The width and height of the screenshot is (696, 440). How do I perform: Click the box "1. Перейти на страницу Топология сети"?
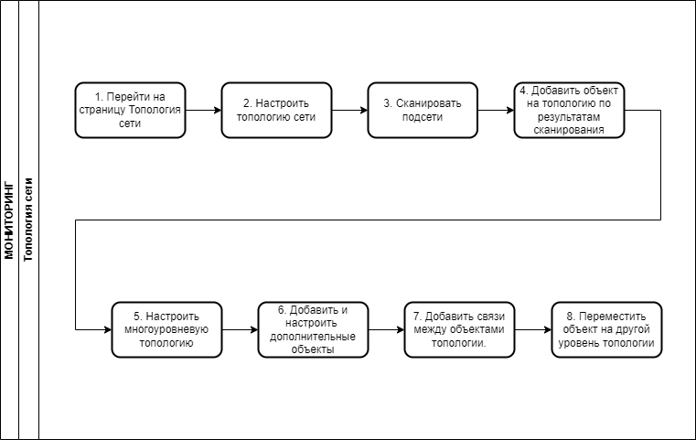[x=130, y=110]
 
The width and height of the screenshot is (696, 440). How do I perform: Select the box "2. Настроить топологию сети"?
[x=276, y=110]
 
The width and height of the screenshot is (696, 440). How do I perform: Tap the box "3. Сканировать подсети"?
[x=423, y=110]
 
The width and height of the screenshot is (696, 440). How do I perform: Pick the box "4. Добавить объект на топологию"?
[x=569, y=110]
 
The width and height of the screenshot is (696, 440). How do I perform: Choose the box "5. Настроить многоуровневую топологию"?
[x=166, y=330]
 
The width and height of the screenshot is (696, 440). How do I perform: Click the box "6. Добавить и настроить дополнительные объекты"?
[x=313, y=330]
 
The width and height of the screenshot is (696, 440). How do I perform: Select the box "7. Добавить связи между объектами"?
[x=459, y=330]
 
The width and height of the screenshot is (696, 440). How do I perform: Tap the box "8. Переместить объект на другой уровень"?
[x=606, y=330]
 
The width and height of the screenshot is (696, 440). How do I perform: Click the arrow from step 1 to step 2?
[x=203, y=110]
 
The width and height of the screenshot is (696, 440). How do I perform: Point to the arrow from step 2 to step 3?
[x=349, y=110]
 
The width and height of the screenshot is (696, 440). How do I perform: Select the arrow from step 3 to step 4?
[x=496, y=110]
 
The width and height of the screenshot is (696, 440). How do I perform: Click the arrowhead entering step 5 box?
[x=108, y=330]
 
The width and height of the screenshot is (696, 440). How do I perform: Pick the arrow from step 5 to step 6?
[x=240, y=330]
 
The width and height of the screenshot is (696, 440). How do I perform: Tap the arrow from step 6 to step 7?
[x=386, y=330]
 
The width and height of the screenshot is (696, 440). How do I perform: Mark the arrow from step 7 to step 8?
[x=533, y=330]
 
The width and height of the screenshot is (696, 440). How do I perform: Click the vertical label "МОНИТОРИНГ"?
[x=9, y=220]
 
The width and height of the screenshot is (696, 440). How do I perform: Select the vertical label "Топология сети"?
[x=28, y=220]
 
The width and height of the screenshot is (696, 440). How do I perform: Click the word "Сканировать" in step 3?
[x=428, y=103]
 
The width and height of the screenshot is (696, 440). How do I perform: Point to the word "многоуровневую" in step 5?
[x=166, y=330]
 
